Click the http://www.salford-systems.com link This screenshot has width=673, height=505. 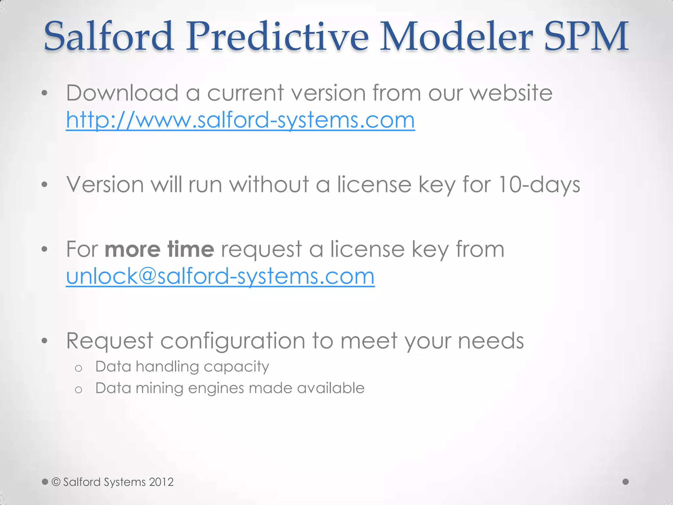coord(240,120)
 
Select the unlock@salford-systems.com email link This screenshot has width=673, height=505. coord(220,277)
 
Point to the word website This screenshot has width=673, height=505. coord(511,93)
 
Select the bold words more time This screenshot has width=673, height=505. coord(159,250)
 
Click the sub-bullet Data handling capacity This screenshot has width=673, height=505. coord(182,367)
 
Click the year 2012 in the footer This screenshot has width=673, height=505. coord(161,482)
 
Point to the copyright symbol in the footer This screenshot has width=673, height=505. coord(56,482)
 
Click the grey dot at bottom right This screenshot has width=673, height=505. coord(626,482)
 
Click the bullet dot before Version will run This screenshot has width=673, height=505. coord(45,185)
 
